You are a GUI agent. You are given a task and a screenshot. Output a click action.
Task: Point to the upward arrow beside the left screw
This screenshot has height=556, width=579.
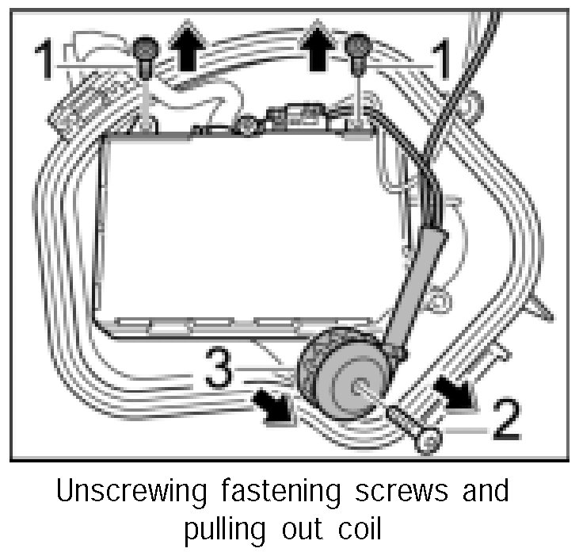tap(188, 52)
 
